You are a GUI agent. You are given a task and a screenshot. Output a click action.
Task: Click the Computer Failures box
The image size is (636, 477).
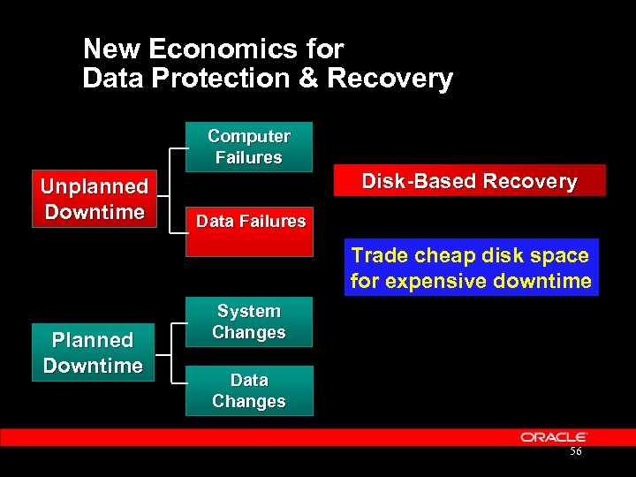point(249,147)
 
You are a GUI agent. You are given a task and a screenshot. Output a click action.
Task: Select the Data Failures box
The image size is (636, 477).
point(249,226)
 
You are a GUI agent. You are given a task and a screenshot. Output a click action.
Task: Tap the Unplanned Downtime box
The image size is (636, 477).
point(94,199)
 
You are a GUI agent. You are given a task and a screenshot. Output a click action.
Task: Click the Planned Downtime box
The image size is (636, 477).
point(93,352)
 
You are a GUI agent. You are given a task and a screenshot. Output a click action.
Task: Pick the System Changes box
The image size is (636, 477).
point(249,322)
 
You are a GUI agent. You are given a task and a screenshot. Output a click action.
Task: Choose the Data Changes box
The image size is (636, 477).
point(249,390)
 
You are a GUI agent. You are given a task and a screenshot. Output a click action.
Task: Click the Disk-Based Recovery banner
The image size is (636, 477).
point(469,181)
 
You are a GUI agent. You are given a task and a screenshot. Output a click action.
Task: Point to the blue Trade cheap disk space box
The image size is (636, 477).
point(471,268)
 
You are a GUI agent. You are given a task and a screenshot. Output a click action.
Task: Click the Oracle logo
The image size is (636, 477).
point(554,437)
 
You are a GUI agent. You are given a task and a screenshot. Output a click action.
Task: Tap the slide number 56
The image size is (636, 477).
point(576,452)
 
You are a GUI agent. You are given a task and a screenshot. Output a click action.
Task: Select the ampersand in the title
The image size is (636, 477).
point(308,79)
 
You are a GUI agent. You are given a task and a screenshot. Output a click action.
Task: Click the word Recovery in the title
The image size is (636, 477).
point(390,79)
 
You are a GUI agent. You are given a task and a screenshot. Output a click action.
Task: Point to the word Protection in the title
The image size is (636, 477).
point(220,79)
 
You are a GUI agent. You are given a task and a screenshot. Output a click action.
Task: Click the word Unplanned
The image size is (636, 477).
point(94,186)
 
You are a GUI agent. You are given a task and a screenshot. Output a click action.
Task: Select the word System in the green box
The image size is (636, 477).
point(249,311)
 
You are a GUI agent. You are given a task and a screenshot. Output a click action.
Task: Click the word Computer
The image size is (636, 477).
point(249,136)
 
